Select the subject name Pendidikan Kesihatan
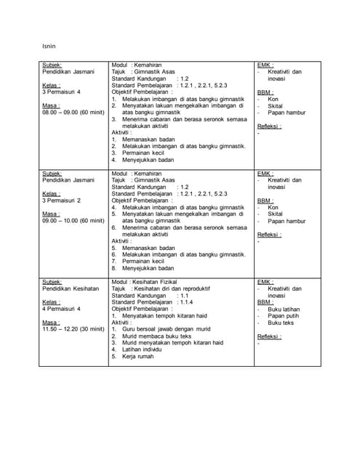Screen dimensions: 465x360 pyautogui.click(x=71, y=288)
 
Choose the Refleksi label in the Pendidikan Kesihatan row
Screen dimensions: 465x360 pyautogui.click(x=269, y=336)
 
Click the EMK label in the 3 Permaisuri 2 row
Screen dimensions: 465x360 pyautogui.click(x=265, y=174)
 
